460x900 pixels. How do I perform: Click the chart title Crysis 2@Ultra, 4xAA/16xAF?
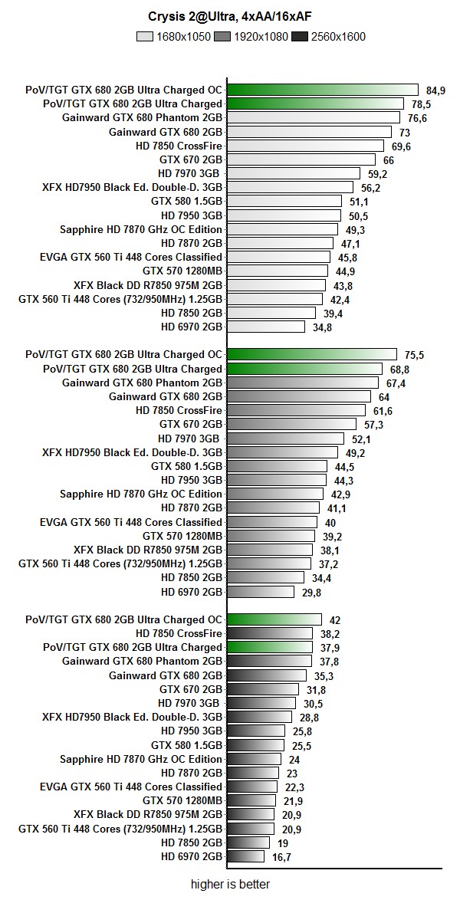[x=230, y=15]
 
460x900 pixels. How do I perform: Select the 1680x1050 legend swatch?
[x=145, y=36]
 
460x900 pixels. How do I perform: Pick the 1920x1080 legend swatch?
[x=223, y=36]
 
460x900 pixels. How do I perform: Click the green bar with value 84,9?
[x=323, y=90]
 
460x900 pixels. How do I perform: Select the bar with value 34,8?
[x=267, y=327]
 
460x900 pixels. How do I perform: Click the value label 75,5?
[x=415, y=355]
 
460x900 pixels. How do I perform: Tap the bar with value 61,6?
[x=296, y=410]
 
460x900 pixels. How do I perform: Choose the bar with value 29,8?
[x=261, y=591]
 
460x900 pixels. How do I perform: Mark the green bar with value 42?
[x=274, y=619]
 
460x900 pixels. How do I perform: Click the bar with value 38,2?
[x=270, y=633]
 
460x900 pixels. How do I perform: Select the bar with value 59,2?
[x=294, y=173]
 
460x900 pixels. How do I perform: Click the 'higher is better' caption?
[x=230, y=885]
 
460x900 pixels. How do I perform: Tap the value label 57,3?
[x=374, y=424]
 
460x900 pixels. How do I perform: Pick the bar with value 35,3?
[x=268, y=675]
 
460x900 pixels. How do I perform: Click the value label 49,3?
[x=356, y=229]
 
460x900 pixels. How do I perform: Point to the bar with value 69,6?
[x=305, y=146]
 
